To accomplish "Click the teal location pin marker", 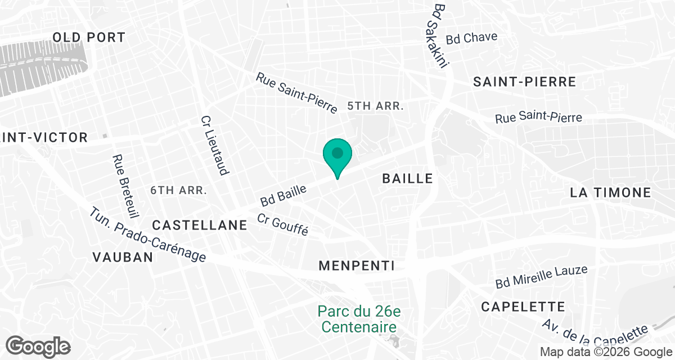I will pyautogui.click(x=337, y=155).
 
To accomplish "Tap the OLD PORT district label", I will pyautogui.click(x=89, y=38).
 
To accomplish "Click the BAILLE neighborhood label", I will pyautogui.click(x=408, y=179).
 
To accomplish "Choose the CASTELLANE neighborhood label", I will pyautogui.click(x=200, y=225).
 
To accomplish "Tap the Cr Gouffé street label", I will pyautogui.click(x=283, y=225).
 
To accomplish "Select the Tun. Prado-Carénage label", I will pyautogui.click(x=148, y=235).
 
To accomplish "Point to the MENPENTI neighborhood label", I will pyautogui.click(x=357, y=265).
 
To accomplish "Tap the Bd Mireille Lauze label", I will pyautogui.click(x=541, y=277).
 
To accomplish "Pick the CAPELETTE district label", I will pyautogui.click(x=523, y=307).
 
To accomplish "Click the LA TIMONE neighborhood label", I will pyautogui.click(x=610, y=192).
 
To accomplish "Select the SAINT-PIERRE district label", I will pyautogui.click(x=524, y=82).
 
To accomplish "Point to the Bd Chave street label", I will pyautogui.click(x=471, y=38).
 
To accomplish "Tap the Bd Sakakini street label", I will pyautogui.click(x=440, y=36).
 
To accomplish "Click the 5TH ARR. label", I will pyautogui.click(x=376, y=106).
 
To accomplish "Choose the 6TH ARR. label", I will pyautogui.click(x=179, y=190).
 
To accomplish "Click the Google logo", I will pyautogui.click(x=38, y=346).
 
